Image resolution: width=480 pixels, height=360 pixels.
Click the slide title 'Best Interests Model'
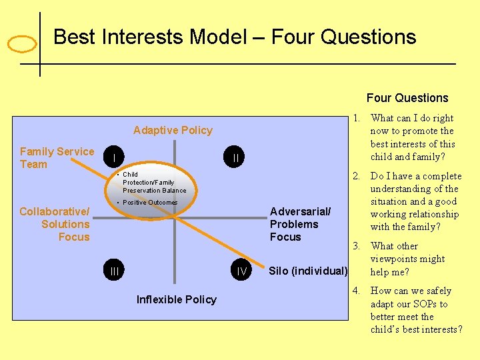pos(234,37)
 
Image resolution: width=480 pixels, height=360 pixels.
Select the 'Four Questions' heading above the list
pos(407,98)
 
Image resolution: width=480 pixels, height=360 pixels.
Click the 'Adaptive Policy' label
pos(173,131)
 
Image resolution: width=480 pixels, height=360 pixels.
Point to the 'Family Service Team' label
pos(57,158)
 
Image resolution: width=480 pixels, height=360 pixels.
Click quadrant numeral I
pos(115,159)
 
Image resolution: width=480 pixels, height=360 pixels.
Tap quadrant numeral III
pos(115,271)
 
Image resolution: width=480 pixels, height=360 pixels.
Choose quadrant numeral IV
pos(241,271)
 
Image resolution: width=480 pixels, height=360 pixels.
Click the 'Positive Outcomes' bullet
pos(149,203)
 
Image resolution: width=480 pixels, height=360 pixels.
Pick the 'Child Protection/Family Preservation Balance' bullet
pos(153,183)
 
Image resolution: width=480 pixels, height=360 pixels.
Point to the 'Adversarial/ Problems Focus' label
pos(299,224)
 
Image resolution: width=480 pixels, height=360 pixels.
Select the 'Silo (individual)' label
pos(308,271)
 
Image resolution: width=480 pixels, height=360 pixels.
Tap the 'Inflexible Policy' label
pos(176,300)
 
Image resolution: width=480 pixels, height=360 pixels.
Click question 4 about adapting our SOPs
pos(415,310)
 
